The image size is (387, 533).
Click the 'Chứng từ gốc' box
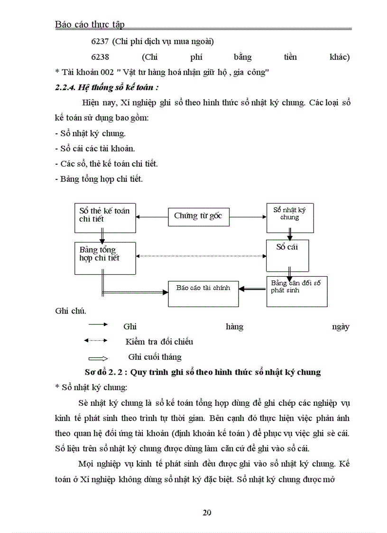pyautogui.click(x=199, y=216)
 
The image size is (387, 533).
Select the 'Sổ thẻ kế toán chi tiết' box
pyautogui.click(x=104, y=215)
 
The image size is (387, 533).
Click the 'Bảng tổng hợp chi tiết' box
pyautogui.click(x=104, y=256)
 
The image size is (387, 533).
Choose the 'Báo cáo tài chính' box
pyautogui.click(x=203, y=293)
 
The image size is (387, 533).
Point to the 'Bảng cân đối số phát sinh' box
pyautogui.click(x=296, y=290)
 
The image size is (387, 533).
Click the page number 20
pyautogui.click(x=207, y=512)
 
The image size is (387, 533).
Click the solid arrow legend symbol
pyautogui.click(x=98, y=325)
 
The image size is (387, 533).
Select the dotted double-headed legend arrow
pyautogui.click(x=96, y=340)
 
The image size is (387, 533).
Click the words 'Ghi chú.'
pyautogui.click(x=71, y=311)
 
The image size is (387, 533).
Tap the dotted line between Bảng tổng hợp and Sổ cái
pyautogui.click(x=201, y=256)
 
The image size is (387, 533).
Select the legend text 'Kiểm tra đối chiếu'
pyautogui.click(x=159, y=342)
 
